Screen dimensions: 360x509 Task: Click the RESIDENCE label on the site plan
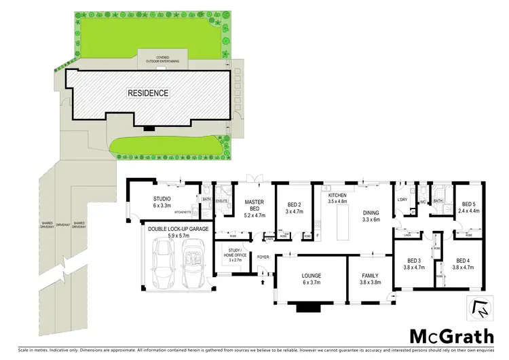149,92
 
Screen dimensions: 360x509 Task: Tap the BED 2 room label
294,208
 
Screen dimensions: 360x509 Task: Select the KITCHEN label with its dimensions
337,198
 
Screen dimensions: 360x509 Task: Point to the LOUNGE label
312,279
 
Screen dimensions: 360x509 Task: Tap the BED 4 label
463,264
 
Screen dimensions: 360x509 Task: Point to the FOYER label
263,257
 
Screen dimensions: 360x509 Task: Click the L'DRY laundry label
402,199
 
